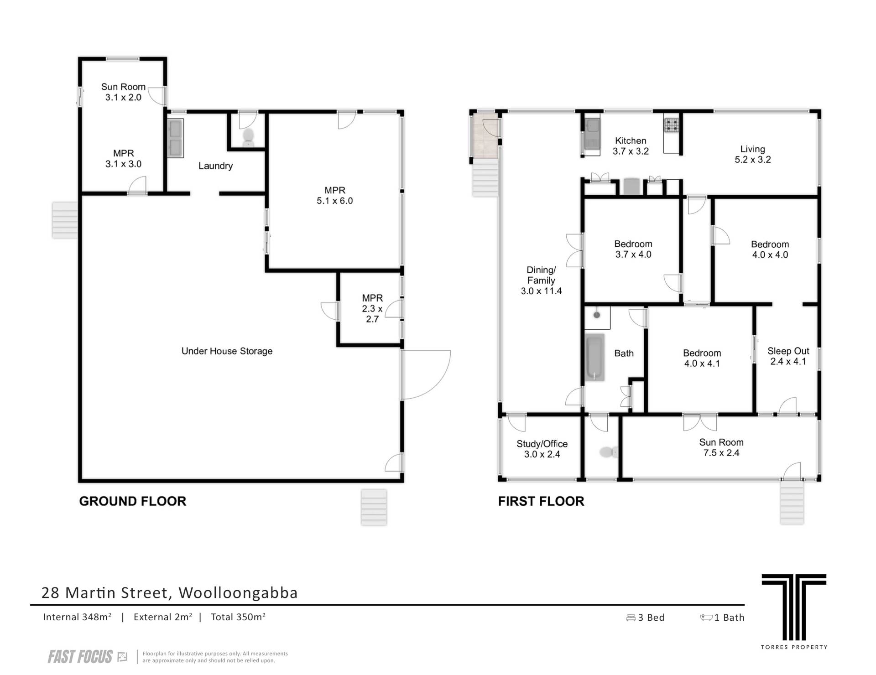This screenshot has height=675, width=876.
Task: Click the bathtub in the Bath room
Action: pos(595,357)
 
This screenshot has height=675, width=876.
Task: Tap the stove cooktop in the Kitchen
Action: pos(671,125)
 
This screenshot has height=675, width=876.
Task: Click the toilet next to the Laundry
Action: pos(248,136)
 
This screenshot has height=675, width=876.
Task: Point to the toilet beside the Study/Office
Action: pos(608,452)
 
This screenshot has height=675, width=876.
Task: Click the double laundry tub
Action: pos(175,138)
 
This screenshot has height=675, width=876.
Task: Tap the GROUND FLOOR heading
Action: pos(133,501)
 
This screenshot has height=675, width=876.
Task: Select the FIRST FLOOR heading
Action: pos(541,501)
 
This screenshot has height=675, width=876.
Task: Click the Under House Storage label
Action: pos(227,351)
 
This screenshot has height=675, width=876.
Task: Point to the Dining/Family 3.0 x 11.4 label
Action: pos(542,280)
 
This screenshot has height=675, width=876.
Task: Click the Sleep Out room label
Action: pos(788,356)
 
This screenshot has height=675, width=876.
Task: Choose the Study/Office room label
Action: pos(542,449)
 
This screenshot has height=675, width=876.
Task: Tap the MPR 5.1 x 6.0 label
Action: pos(335,196)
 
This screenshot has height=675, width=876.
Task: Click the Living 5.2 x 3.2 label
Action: pos(753,154)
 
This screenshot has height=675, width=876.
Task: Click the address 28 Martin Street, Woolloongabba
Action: pos(169,592)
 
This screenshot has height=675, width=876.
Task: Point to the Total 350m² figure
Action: pos(238,617)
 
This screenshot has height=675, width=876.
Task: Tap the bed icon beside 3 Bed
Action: pos(631,618)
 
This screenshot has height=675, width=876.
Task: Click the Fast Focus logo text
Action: pos(80,657)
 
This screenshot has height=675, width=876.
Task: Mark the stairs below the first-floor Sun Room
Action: pos(792,502)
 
